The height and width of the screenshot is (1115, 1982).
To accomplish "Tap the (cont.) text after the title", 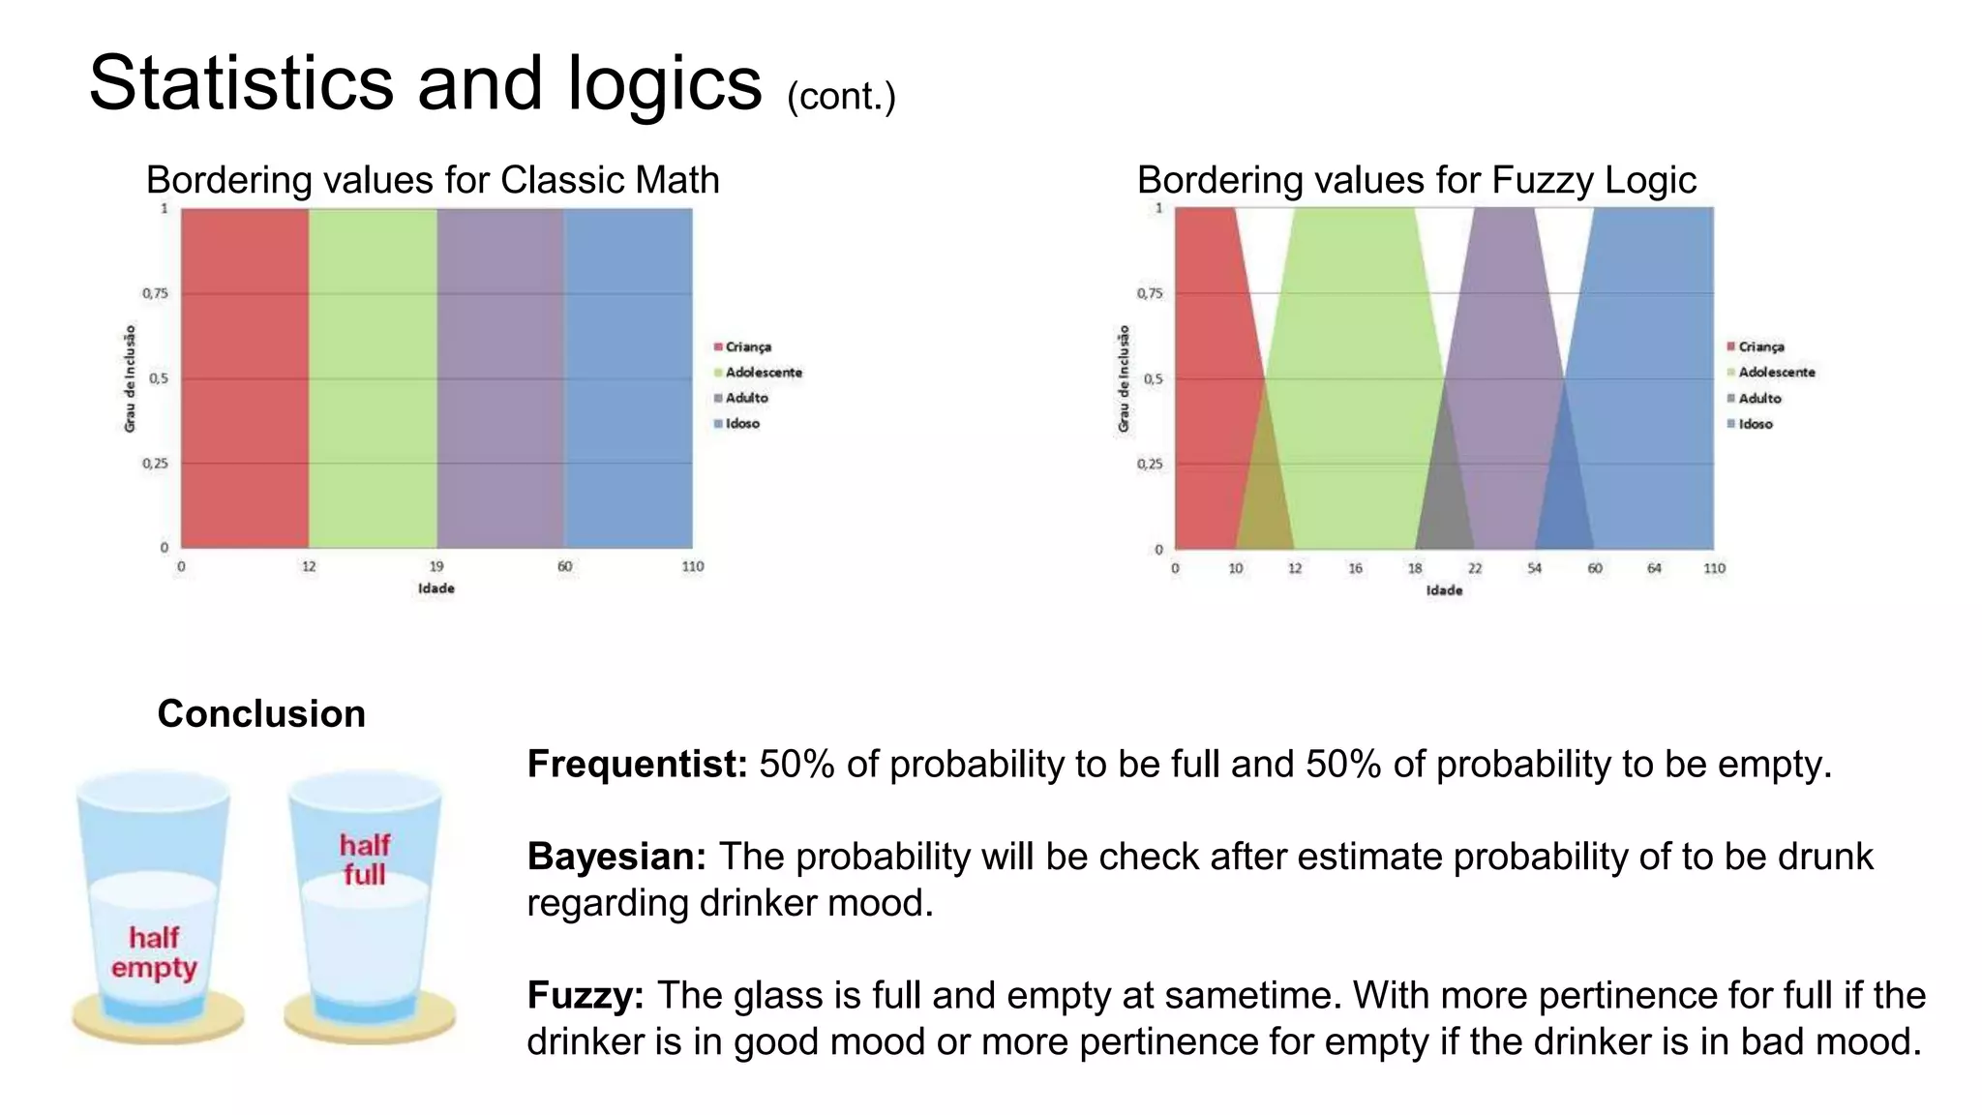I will click(x=840, y=97).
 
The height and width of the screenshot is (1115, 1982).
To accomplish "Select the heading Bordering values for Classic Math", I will click(x=432, y=180).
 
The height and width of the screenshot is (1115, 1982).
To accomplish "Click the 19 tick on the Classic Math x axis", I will click(x=436, y=566).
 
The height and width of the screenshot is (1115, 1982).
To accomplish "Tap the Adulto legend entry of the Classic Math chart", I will click(x=746, y=398).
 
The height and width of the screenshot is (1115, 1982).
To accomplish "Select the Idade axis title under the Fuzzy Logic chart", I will click(x=1444, y=590).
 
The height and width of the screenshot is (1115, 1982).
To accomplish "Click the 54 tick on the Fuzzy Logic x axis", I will click(x=1534, y=568).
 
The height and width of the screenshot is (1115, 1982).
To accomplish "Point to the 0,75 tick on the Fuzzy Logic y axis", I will click(x=1149, y=293).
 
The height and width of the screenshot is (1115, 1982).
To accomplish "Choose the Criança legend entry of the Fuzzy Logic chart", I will click(x=1760, y=347).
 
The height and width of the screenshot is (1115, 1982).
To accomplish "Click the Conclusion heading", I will click(x=261, y=714).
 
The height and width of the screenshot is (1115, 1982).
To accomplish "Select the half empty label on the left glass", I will click(x=154, y=952).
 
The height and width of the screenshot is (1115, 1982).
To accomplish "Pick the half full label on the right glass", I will click(x=364, y=859).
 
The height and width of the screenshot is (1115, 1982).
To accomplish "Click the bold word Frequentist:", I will click(x=637, y=765).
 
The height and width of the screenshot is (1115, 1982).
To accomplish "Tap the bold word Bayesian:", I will click(x=616, y=857).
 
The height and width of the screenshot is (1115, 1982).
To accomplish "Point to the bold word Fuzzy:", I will click(x=586, y=995).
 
